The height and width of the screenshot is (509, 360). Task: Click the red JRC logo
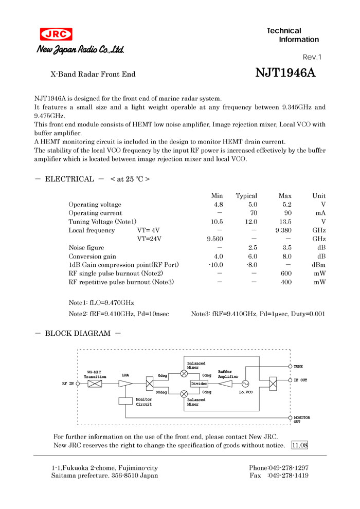pyautogui.click(x=56, y=34)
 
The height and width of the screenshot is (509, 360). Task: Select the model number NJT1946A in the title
pyautogui.click(x=285, y=73)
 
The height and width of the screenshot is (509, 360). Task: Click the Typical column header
pyautogui.click(x=246, y=196)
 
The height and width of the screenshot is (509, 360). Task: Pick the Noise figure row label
pyautogui.click(x=86, y=248)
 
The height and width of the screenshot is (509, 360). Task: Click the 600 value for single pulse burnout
pyautogui.click(x=286, y=274)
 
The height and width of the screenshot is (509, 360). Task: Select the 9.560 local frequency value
pyautogui.click(x=215, y=239)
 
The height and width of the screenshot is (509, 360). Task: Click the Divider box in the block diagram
pyautogui.click(x=199, y=384)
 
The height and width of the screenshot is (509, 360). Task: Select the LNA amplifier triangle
pyautogui.click(x=125, y=384)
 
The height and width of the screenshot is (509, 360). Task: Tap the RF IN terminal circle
pyautogui.click(x=78, y=384)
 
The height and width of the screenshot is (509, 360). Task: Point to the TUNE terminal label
pyautogui.click(x=298, y=367)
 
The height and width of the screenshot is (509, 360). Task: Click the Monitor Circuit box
pyautogui.click(x=125, y=401)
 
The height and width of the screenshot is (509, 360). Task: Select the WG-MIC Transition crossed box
pyautogui.click(x=95, y=384)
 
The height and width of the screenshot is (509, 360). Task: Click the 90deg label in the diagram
pyautogui.click(x=161, y=392)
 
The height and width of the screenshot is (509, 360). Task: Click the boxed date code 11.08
pyautogui.click(x=299, y=445)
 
